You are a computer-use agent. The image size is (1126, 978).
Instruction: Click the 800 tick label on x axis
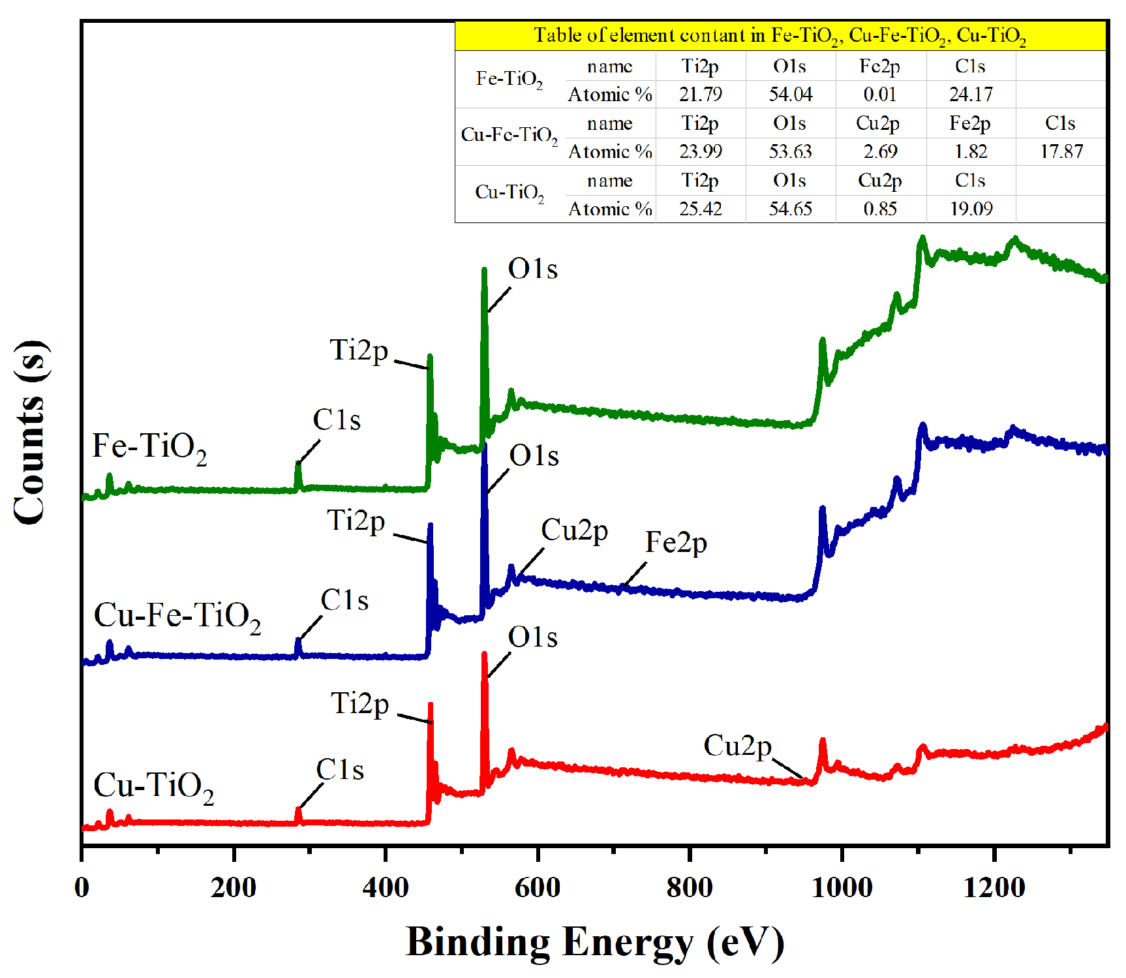click(689, 887)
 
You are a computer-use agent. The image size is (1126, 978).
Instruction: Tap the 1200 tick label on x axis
click(994, 887)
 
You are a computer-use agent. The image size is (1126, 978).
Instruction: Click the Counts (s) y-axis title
click(31, 432)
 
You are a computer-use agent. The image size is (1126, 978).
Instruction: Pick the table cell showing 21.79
click(700, 95)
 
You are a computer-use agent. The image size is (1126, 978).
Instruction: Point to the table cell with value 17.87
click(1061, 151)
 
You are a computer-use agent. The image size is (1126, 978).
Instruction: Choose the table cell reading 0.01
click(880, 95)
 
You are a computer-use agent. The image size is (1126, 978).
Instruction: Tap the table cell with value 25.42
click(700, 209)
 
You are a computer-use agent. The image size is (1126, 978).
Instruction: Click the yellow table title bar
click(780, 36)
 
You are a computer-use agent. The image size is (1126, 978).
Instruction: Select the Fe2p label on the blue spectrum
click(676, 542)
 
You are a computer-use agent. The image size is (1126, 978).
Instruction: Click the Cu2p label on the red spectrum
click(737, 746)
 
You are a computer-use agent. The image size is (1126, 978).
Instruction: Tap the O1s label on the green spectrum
click(532, 269)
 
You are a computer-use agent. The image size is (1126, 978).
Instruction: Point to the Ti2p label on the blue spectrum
click(356, 521)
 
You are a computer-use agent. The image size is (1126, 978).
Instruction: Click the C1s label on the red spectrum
click(340, 770)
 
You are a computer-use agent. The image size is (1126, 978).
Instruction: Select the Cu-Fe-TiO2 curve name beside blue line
click(177, 616)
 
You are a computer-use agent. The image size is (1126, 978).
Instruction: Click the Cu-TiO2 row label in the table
click(510, 192)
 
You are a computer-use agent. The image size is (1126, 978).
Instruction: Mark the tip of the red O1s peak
click(484, 654)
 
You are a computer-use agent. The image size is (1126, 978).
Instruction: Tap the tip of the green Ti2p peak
click(430, 356)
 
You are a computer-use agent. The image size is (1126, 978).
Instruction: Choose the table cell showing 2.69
click(880, 151)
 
